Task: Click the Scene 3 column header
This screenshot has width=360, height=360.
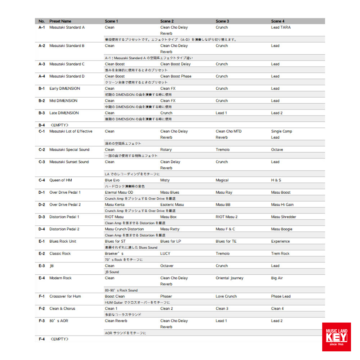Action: [x=222, y=21]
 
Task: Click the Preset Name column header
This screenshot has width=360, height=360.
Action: [x=60, y=21]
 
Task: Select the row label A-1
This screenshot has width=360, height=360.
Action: [x=42, y=27]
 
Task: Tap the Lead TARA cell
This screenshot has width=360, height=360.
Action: [x=281, y=27]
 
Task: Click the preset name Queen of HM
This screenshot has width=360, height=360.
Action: [x=60, y=180]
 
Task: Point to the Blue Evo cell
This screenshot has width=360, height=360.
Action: [x=112, y=180]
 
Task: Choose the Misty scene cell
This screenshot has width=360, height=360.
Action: [x=165, y=180]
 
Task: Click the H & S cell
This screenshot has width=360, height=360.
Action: [x=276, y=180]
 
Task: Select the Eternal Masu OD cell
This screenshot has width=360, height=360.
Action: [x=119, y=192]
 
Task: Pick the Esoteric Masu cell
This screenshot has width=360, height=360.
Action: [x=172, y=204]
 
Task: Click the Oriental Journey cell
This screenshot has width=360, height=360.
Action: [x=229, y=278]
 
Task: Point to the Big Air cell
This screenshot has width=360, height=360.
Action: [x=277, y=278]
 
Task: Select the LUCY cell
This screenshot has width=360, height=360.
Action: [x=165, y=253]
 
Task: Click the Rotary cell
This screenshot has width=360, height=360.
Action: [x=166, y=149]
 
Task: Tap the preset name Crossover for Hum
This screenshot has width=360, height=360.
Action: [x=65, y=296]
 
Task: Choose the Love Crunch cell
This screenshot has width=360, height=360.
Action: [x=226, y=296]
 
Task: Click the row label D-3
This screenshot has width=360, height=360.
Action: [x=42, y=217]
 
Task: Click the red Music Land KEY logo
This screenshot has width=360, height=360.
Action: [x=336, y=337]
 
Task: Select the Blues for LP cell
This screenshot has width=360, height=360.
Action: [x=170, y=241]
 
